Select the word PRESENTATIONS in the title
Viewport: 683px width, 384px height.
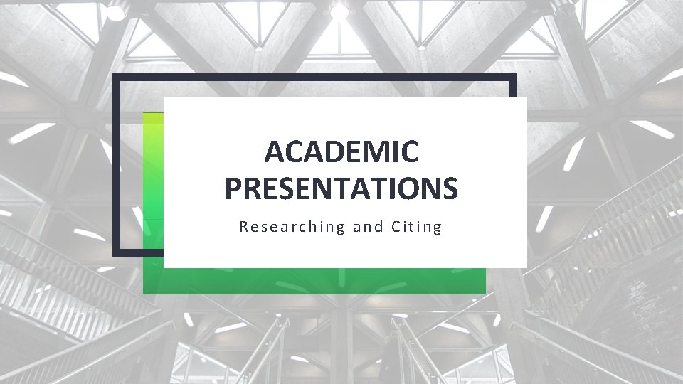[x=341, y=188]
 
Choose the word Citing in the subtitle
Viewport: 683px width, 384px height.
[x=417, y=228]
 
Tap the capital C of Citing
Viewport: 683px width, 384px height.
[x=396, y=228]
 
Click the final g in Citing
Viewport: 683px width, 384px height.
[x=438, y=229]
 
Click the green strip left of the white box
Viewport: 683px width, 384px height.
[x=153, y=178]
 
